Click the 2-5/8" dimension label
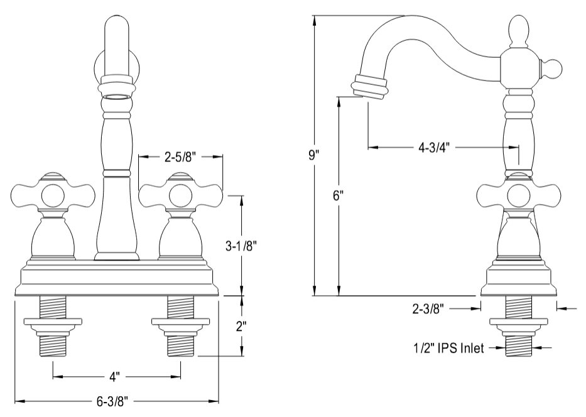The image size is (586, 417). point(181,158)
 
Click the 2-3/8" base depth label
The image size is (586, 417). point(430,308)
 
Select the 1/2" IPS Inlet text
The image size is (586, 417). point(448,348)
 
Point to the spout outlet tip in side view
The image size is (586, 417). point(369,87)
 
